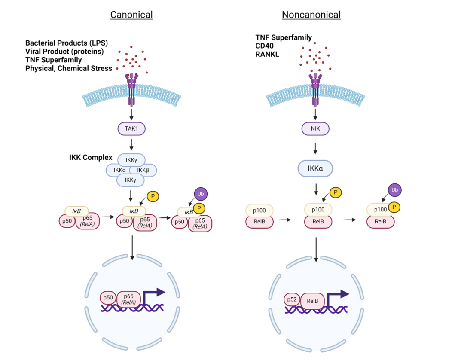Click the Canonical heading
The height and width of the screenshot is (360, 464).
[x=131, y=15]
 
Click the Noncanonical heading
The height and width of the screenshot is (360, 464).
[x=311, y=15]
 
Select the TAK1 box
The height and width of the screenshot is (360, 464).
[x=131, y=128]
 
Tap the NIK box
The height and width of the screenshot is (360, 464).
[x=316, y=128]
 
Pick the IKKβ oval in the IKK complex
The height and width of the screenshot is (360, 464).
[x=143, y=170]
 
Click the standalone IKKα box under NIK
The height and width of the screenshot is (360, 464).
[x=316, y=168]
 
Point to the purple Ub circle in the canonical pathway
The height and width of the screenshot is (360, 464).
[x=200, y=194]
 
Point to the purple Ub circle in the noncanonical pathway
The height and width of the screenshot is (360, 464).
[x=395, y=189]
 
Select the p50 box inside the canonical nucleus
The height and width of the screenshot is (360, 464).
[x=108, y=298]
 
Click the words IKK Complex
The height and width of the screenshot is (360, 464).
[x=91, y=157]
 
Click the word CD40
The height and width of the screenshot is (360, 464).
[x=265, y=46]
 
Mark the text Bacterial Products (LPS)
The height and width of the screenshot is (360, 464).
[x=67, y=43]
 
